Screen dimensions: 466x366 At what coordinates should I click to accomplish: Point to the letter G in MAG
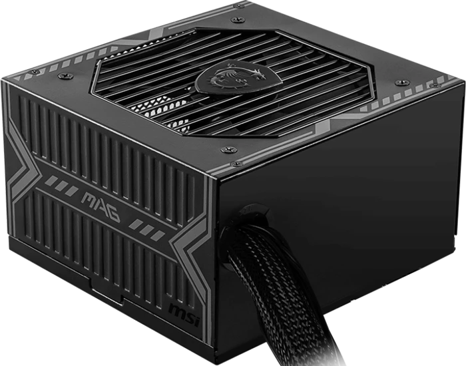113,214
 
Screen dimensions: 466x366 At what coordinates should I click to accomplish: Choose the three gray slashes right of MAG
146,229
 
